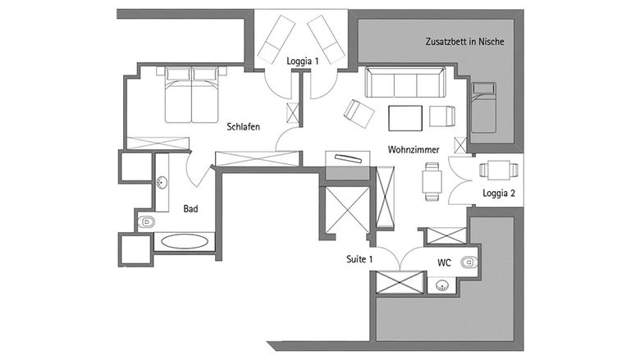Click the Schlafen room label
[x=243, y=127]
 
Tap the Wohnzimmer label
[x=414, y=149]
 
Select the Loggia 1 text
[x=303, y=62]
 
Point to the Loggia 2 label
[x=499, y=194]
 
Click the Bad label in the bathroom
[x=190, y=209]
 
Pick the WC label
[x=444, y=263]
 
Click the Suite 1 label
[x=359, y=259]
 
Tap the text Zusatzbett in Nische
[x=465, y=42]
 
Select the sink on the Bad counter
[x=162, y=182]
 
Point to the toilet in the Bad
[x=146, y=222]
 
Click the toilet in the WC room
[x=470, y=262]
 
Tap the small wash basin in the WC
[x=441, y=285]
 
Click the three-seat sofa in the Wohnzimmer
[x=405, y=82]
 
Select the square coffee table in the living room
[x=405, y=118]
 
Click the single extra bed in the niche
[x=483, y=107]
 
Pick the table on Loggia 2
[x=499, y=170]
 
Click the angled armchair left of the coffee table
[x=359, y=113]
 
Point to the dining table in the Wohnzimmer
[x=432, y=182]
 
